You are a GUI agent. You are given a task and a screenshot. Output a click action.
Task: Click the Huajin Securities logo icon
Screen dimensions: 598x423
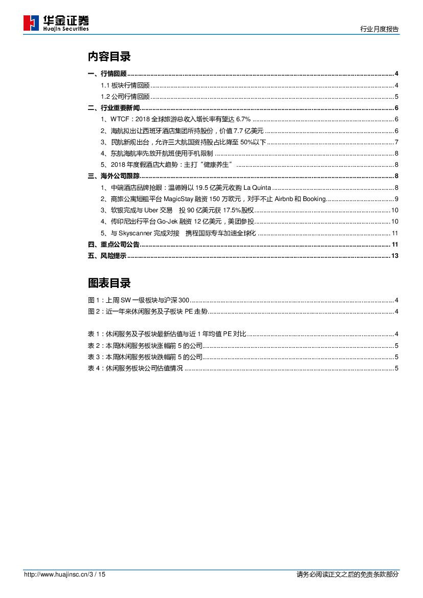click(x=31, y=23)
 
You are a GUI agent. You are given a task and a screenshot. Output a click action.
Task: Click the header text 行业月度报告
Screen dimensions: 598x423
click(x=380, y=30)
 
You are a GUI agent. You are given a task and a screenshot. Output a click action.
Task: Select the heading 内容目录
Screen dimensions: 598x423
click(x=109, y=56)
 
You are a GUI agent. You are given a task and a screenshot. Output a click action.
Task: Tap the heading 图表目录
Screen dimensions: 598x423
click(x=109, y=283)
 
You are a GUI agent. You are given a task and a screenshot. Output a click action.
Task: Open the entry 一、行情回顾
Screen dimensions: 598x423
click(x=107, y=74)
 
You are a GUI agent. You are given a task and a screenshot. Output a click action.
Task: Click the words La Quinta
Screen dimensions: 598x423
click(x=258, y=188)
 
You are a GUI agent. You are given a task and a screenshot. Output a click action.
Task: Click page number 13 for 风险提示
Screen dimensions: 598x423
click(x=394, y=256)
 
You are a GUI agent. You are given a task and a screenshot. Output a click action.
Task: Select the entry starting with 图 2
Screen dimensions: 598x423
click(x=148, y=311)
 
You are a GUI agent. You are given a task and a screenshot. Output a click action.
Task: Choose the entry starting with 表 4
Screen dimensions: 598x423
click(x=135, y=368)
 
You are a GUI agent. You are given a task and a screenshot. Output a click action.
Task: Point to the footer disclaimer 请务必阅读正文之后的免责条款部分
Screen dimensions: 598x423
click(x=347, y=574)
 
